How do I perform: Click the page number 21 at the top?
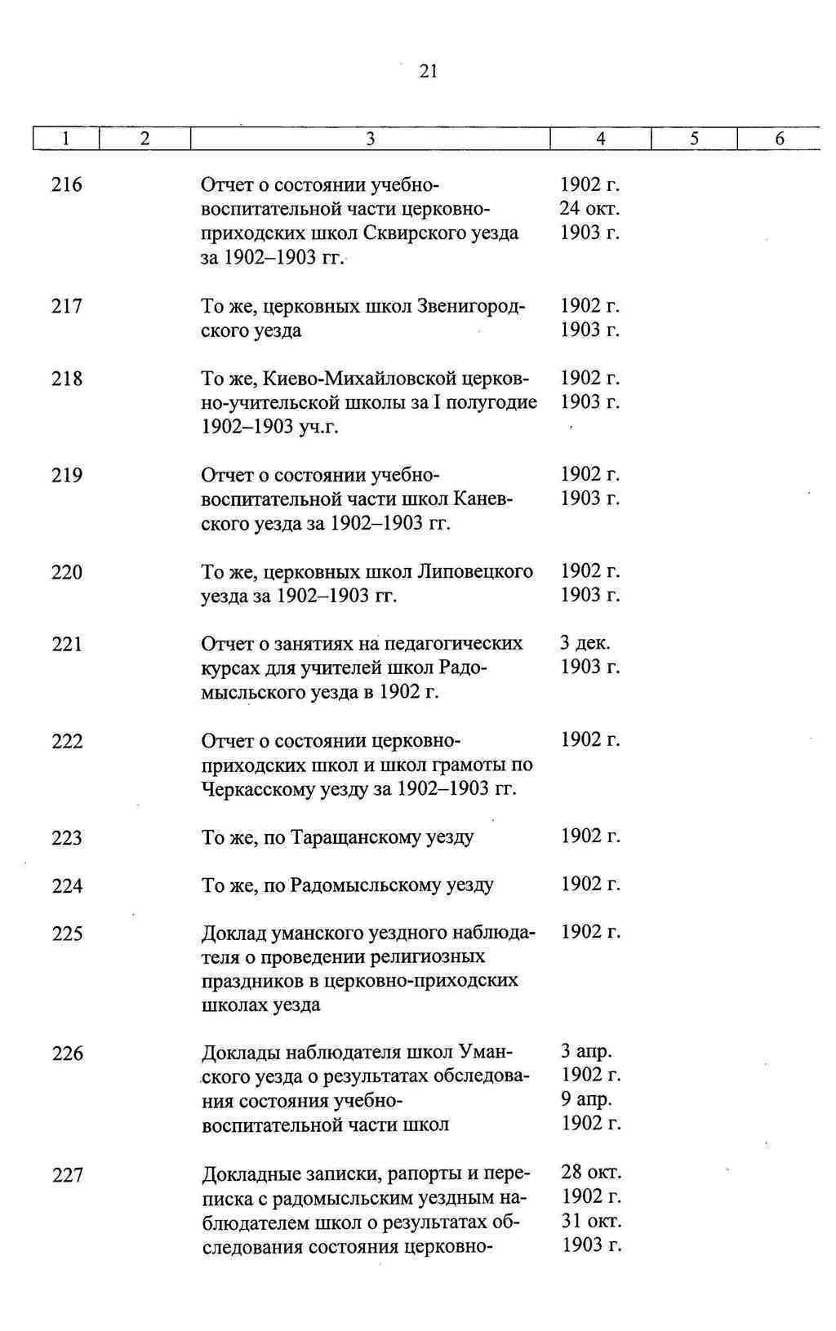[x=429, y=72]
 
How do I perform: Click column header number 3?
[x=370, y=140]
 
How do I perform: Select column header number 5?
[x=694, y=140]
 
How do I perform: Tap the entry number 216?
[x=67, y=185]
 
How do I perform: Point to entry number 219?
[x=67, y=475]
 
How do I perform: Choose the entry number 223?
[x=67, y=838]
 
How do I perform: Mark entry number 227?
[x=68, y=1175]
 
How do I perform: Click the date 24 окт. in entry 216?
[x=589, y=209]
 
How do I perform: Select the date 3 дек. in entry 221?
[x=585, y=643]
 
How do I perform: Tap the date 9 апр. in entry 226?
[x=586, y=1099]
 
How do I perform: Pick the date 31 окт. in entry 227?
[x=591, y=1221]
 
